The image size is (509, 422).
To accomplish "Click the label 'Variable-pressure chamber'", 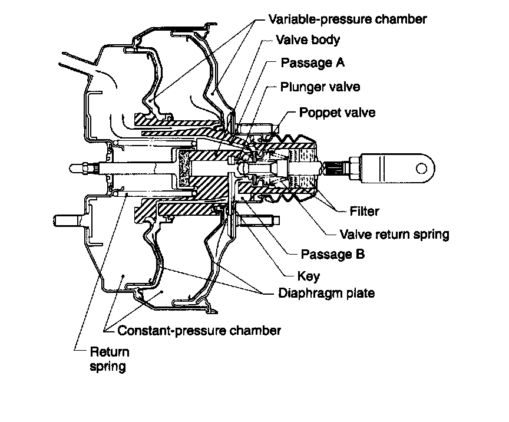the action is coord(348,19).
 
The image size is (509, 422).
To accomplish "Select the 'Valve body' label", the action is coord(308,40).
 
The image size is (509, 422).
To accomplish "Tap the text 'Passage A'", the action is coord(312,62).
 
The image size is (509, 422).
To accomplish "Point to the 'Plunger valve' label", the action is coord(320,87).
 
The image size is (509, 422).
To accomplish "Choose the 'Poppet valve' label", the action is coord(337,113).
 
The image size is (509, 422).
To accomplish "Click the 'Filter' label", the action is coord(364,211).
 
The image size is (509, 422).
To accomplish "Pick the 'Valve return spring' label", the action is coord(394,234).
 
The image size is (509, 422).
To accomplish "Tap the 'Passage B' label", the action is coord(332,254).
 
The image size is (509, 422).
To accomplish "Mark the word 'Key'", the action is coord(308,276).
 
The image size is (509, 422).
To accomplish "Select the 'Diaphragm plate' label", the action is coord(326,294).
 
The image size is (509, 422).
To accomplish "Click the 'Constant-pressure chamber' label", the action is coord(199,331).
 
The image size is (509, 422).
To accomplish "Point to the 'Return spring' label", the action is coord(110,359).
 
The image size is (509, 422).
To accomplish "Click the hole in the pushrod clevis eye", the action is coord(421,169).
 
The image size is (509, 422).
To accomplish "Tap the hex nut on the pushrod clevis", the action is coord(354,169).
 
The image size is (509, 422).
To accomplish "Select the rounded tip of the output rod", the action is coord(72,169).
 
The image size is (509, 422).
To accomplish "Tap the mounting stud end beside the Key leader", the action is coord(276,220).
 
